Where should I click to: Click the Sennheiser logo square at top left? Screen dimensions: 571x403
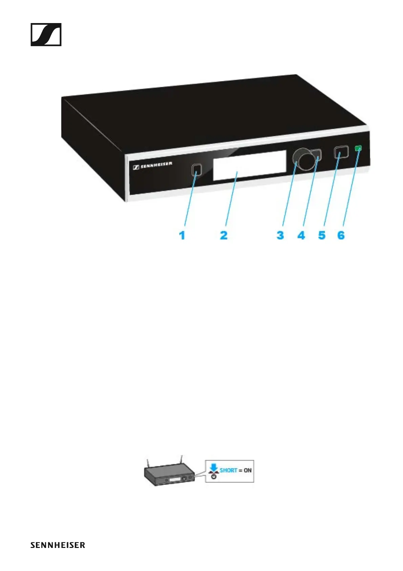pos(46,35)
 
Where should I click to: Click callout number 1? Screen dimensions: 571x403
pos(182,235)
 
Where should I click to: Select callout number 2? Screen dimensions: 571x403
pos(224,235)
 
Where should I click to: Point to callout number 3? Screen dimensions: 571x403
pos(280,235)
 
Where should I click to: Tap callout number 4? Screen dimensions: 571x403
pos(301,235)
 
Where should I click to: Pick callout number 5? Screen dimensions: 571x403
pos(322,235)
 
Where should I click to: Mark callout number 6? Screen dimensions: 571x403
pos(341,235)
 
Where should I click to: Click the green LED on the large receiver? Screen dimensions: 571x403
pos(358,148)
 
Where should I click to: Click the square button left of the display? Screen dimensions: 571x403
pos(196,170)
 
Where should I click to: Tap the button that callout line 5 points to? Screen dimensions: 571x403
pos(341,152)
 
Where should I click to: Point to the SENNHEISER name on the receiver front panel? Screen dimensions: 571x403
pos(153,165)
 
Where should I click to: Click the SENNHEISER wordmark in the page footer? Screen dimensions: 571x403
pos(58,545)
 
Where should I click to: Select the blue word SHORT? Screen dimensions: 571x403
pos(229,470)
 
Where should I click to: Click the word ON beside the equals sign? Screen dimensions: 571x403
pos(248,470)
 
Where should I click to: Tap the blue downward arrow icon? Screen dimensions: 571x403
pos(214,468)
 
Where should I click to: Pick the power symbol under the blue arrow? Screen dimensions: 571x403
pos(214,476)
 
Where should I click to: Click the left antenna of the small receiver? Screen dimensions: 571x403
pos(148,463)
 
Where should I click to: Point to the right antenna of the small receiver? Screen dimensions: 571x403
pos(182,460)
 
